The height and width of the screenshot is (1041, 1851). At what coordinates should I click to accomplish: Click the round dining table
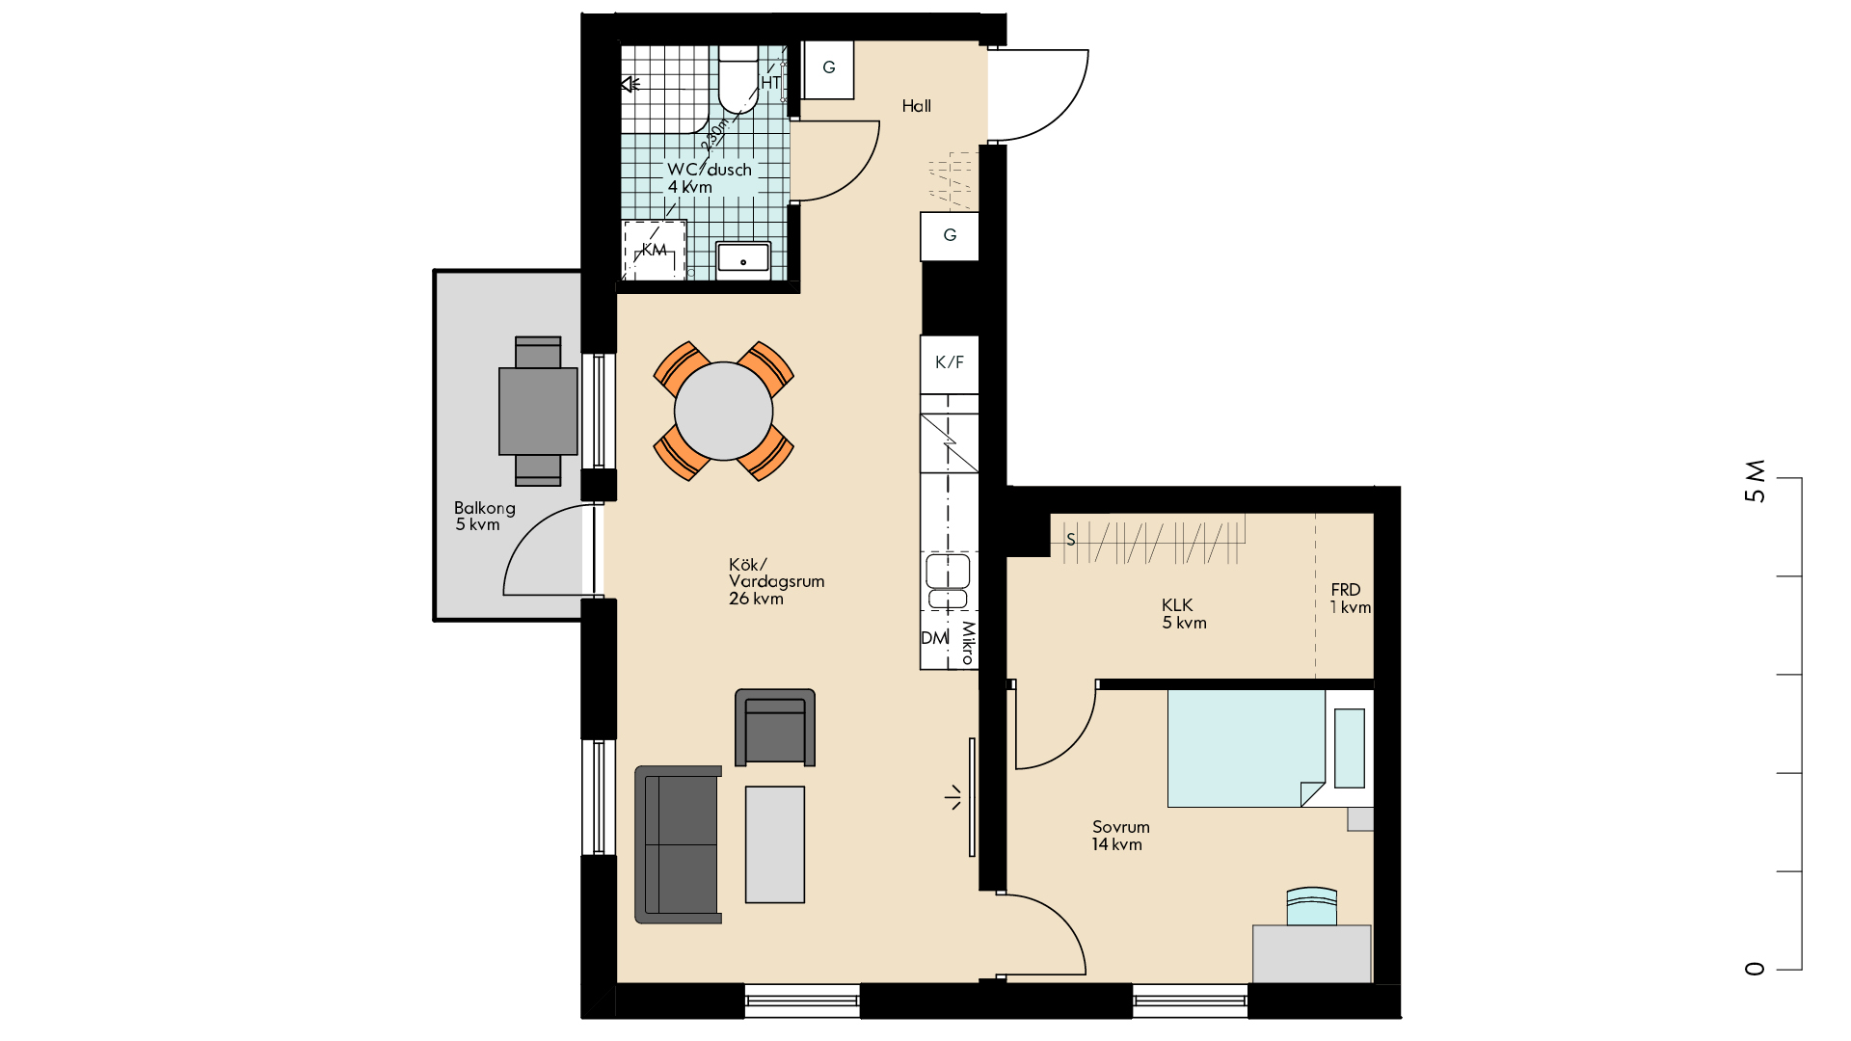723,411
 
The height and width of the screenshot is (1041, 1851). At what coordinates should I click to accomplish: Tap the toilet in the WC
738,79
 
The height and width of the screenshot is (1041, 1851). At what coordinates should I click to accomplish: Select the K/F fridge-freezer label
950,362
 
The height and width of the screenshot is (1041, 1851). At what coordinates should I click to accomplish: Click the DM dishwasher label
934,638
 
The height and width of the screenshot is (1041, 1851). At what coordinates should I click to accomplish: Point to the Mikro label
968,643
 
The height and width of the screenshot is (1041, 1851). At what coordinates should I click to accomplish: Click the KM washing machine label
655,251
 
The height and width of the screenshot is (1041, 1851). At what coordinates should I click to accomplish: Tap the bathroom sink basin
743,258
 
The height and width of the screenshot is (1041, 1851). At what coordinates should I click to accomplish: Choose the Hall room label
917,106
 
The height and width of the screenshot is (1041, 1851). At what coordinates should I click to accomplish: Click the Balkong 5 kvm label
484,517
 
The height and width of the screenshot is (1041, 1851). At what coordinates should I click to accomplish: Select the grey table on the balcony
538,411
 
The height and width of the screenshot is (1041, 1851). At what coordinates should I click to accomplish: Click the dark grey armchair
775,728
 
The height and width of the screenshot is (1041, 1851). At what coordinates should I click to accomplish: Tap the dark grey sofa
678,844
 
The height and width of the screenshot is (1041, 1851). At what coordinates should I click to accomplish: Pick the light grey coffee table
775,844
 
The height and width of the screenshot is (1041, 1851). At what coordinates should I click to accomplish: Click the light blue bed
1247,748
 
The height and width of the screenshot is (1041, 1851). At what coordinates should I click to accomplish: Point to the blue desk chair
1312,906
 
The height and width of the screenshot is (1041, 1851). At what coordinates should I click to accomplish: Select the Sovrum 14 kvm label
1120,836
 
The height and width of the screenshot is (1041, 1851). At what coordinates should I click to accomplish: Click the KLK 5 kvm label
1184,614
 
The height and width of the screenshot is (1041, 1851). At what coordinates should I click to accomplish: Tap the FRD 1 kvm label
1350,599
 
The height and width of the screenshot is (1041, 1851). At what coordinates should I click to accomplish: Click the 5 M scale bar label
1756,481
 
